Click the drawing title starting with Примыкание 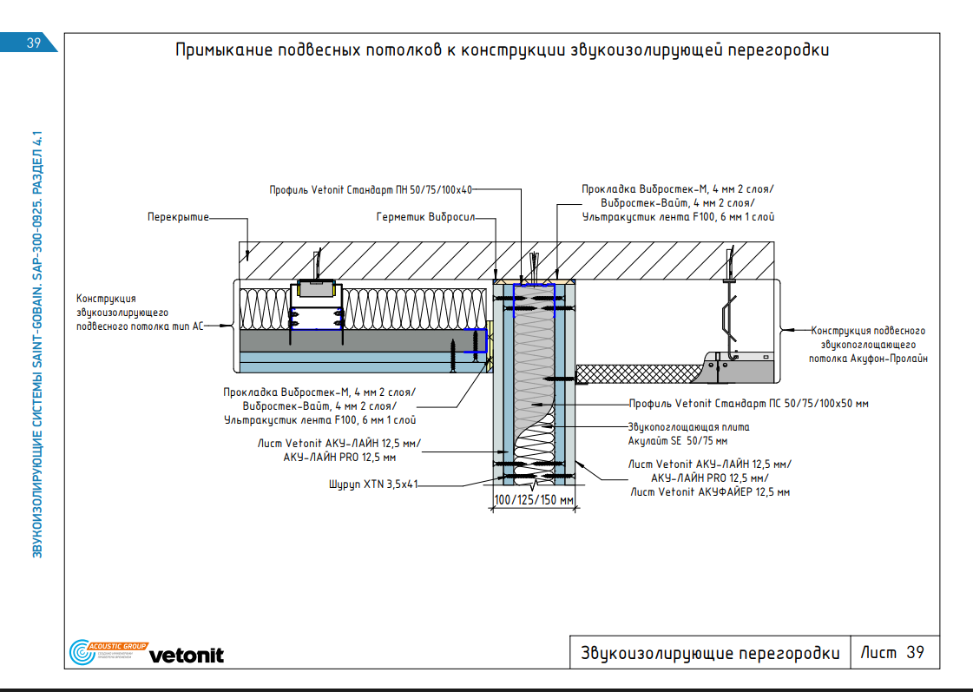502,50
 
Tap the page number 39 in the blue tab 35,43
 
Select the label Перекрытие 178,217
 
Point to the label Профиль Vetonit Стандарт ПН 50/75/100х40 371,189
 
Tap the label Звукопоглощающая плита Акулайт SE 687,433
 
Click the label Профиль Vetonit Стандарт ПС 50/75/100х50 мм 748,404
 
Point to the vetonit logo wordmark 186,656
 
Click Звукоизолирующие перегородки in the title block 710,654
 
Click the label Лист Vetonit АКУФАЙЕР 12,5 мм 710,492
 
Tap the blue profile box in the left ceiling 314,319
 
